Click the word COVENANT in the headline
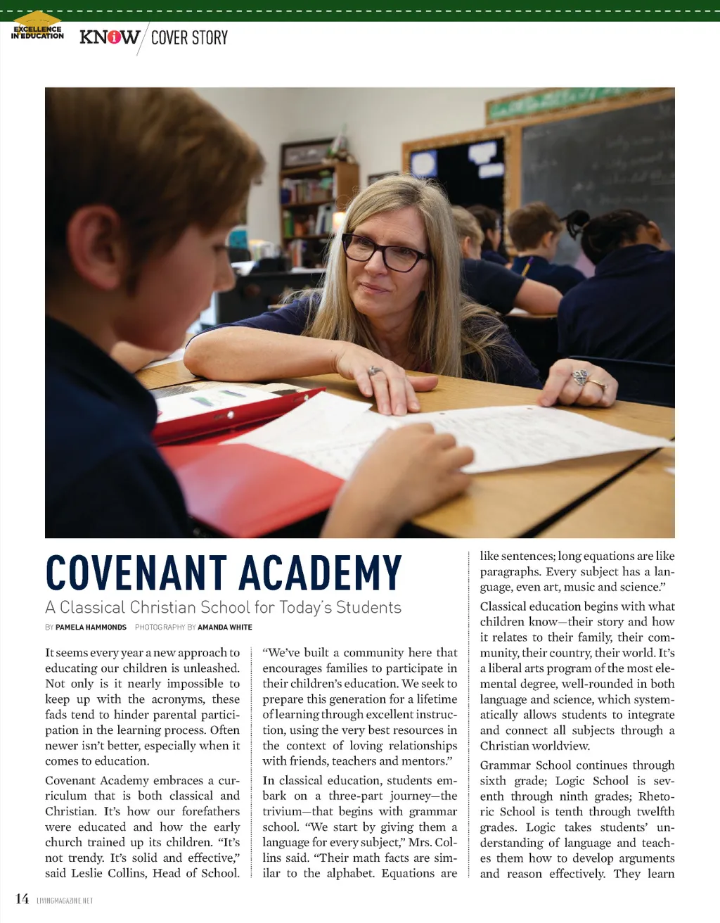coord(136,573)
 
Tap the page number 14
coord(22,898)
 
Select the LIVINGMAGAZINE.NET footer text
coord(65,900)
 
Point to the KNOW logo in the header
coord(109,37)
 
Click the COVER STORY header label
coord(189,37)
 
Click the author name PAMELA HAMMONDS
coord(91,627)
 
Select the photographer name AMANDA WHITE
coord(224,627)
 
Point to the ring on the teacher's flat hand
coord(373,371)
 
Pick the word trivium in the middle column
coord(281,811)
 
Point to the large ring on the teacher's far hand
coord(579,378)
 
